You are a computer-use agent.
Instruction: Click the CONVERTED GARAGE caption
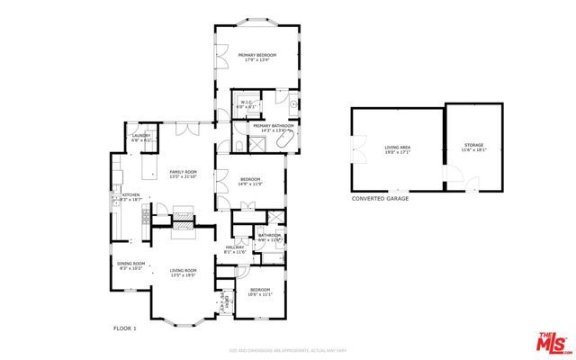coord(380,198)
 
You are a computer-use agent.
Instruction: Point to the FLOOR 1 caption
coord(125,328)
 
